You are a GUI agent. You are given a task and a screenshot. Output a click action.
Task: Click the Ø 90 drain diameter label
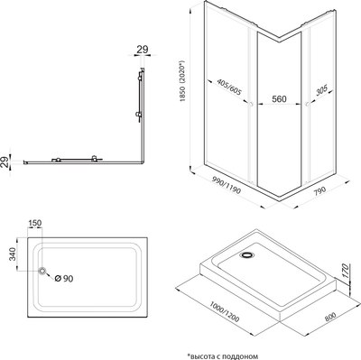[61, 276]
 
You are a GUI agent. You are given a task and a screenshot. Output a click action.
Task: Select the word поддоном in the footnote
[242, 354]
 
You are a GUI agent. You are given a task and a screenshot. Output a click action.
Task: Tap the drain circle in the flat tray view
[42, 271]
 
